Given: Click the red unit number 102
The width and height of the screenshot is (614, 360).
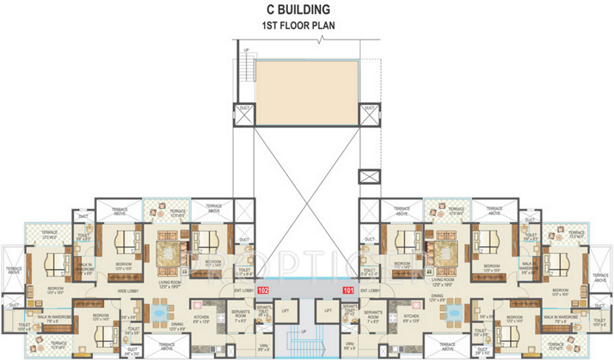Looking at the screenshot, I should point(264,290).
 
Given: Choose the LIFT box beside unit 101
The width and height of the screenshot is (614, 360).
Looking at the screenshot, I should point(327,310).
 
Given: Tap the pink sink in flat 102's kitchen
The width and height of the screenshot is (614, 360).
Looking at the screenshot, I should point(198,305).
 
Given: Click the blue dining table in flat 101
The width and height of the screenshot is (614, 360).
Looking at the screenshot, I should point(453,312).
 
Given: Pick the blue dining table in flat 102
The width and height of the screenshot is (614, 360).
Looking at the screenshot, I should point(160,312).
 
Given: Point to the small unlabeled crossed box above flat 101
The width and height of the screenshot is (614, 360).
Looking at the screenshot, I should point(369,177).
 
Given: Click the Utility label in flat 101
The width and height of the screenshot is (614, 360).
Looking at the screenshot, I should point(350,346).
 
